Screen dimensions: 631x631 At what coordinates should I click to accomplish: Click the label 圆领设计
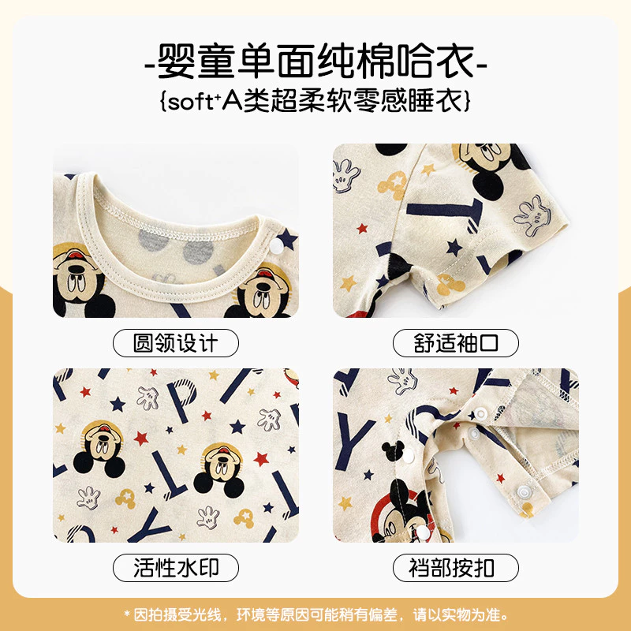175,343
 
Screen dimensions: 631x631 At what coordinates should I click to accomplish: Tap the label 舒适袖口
456,343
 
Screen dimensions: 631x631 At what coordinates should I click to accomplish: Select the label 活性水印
175,567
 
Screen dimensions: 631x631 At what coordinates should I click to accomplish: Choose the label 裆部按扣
451,567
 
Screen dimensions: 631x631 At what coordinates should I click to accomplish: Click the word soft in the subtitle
189,102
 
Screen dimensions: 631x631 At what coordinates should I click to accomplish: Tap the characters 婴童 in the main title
196,62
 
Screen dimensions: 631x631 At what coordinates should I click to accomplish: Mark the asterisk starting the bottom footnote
127,614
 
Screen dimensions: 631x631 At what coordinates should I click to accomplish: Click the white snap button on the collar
276,246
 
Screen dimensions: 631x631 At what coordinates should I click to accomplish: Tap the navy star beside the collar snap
287,238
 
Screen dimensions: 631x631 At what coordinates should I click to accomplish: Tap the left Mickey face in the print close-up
99,446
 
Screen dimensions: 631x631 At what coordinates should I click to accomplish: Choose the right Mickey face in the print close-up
221,469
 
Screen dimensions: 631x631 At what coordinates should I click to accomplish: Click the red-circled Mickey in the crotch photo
401,511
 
